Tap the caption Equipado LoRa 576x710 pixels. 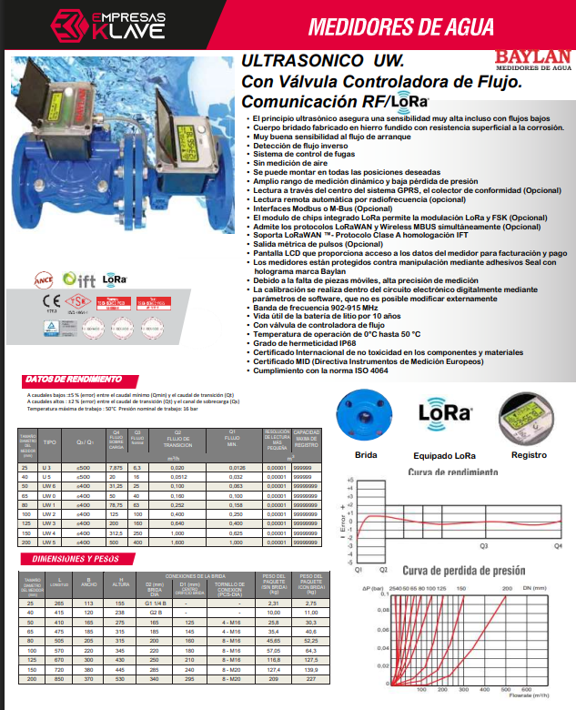pyautogui.click(x=445, y=454)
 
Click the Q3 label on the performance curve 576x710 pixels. pyautogui.click(x=483, y=545)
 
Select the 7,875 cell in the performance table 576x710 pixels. pyautogui.click(x=115, y=467)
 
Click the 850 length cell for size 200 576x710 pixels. pyautogui.click(x=60, y=679)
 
